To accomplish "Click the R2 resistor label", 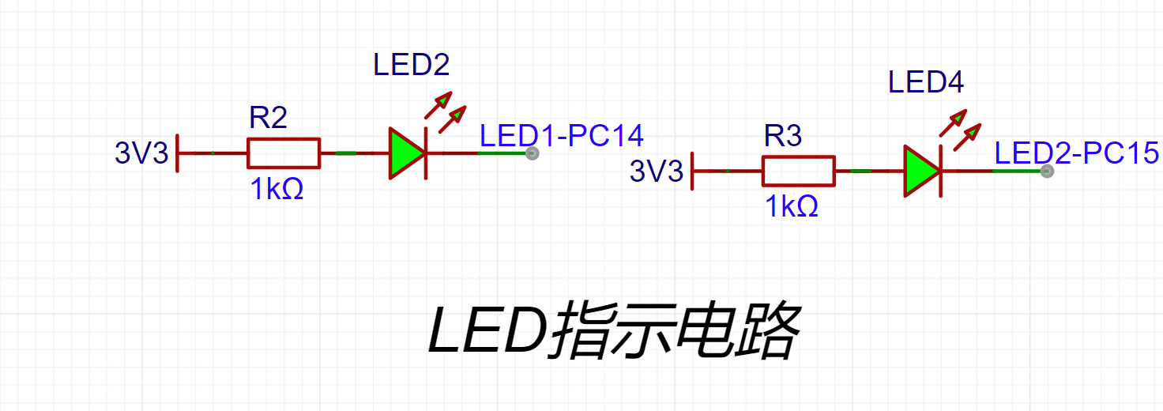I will pyautogui.click(x=268, y=119).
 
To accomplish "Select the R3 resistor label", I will pyautogui.click(x=783, y=137).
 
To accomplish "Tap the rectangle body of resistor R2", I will pyautogui.click(x=284, y=153).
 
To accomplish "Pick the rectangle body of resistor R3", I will pyautogui.click(x=798, y=171).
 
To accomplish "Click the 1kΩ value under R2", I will pyautogui.click(x=277, y=190).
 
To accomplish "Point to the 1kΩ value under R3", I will pyautogui.click(x=792, y=207).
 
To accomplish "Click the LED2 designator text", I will pyautogui.click(x=412, y=65).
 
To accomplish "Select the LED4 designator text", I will pyautogui.click(x=926, y=82).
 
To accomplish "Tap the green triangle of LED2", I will pyautogui.click(x=405, y=153).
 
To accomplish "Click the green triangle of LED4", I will pyautogui.click(x=920, y=171).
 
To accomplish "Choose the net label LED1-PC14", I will pyautogui.click(x=562, y=136).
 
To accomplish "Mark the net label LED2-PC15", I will pyautogui.click(x=1076, y=153).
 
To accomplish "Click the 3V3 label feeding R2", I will pyautogui.click(x=142, y=153).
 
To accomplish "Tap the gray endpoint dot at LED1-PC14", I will pyautogui.click(x=533, y=153).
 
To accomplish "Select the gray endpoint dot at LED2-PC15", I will pyautogui.click(x=1047, y=171).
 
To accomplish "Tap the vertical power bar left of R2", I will pyautogui.click(x=179, y=153).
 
